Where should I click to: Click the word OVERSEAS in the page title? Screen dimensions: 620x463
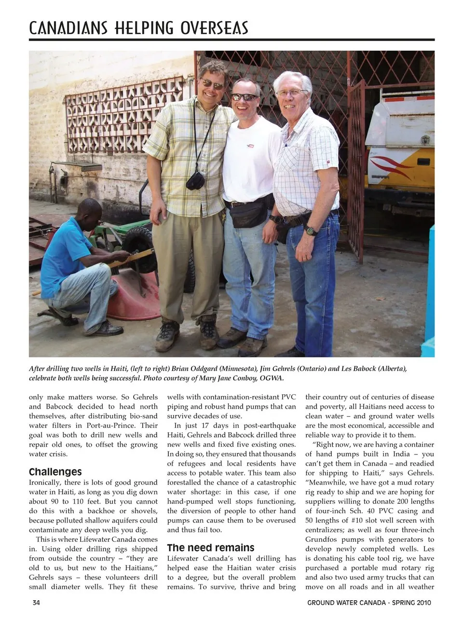[214, 28]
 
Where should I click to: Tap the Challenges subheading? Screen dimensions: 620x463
[55, 472]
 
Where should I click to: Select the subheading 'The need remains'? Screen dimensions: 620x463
[211, 548]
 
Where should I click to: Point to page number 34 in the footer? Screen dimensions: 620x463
[37, 602]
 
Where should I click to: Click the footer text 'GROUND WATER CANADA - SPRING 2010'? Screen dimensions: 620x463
[369, 602]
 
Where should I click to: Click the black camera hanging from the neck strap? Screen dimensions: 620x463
[195, 180]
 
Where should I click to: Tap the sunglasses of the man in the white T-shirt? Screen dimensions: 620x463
[244, 97]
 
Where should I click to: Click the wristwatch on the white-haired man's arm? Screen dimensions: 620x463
[311, 230]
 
